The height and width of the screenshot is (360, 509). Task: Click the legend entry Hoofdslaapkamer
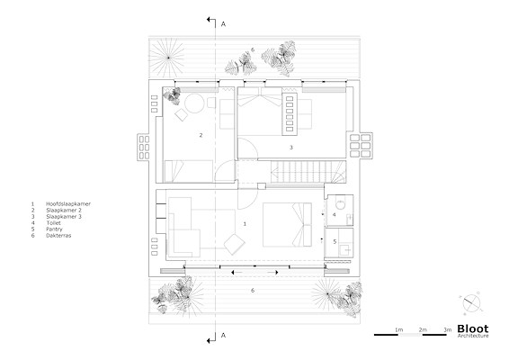[68, 204]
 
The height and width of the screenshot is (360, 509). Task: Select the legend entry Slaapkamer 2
[64, 211]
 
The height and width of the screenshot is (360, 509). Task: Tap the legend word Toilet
[54, 223]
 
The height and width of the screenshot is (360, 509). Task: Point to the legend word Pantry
[54, 229]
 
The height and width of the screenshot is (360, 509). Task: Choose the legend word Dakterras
[58, 235]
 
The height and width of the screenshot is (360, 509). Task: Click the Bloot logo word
[473, 328]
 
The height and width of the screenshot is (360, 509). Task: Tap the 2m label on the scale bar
[423, 329]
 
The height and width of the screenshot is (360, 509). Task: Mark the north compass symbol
[471, 303]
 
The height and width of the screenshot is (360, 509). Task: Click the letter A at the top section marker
[223, 24]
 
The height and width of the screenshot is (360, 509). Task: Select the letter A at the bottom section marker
[223, 336]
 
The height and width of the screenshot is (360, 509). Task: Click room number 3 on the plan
[291, 148]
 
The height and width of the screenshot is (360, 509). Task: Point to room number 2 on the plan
[201, 135]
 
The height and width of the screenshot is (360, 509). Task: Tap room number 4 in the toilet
[334, 215]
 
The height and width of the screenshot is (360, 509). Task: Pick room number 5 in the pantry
[335, 242]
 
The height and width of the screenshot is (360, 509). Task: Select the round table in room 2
[194, 103]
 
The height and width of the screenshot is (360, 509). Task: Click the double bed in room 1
[287, 225]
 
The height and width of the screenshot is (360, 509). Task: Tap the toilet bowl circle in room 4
[340, 204]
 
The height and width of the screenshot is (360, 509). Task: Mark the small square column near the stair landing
[262, 186]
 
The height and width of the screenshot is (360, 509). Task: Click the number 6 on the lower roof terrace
[253, 291]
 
